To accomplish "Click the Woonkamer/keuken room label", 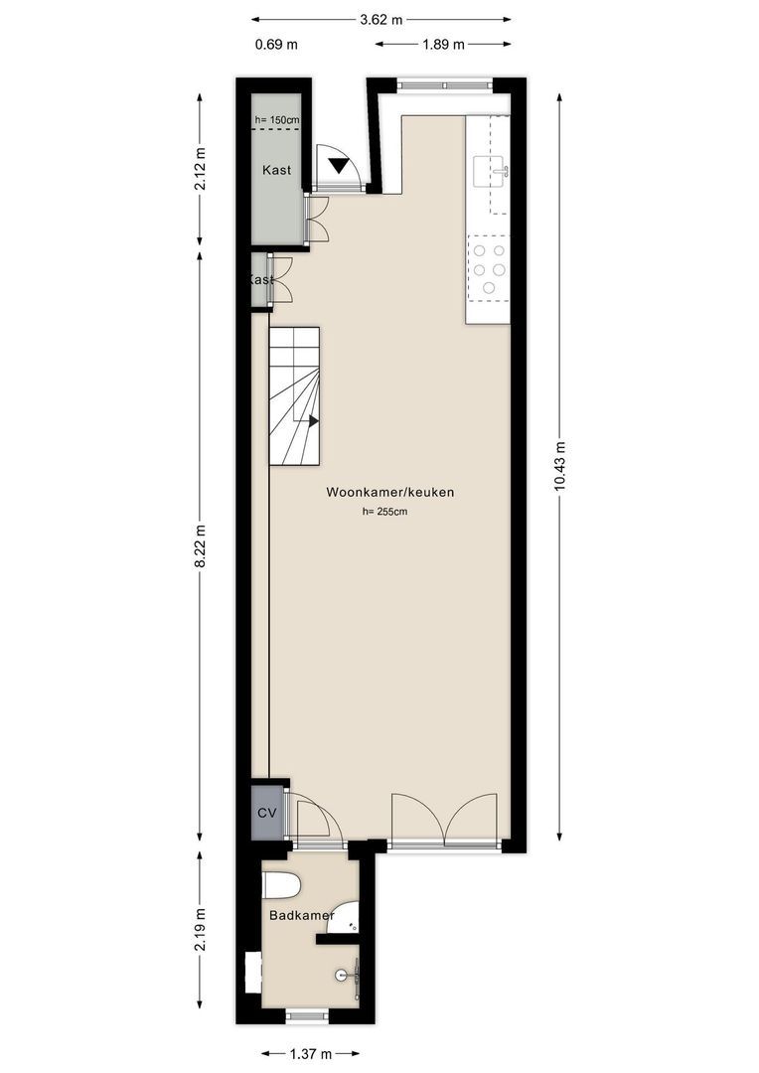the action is click(x=390, y=492).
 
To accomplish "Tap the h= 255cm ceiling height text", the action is click(x=384, y=512).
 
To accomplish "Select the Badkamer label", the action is click(x=302, y=916).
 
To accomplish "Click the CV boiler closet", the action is click(x=267, y=813).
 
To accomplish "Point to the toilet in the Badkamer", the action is click(x=281, y=887).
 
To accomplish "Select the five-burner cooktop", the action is click(x=489, y=269).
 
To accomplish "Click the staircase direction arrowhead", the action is click(x=314, y=421).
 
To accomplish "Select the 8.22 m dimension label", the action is click(x=200, y=545).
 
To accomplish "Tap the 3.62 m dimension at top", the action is click(x=381, y=20).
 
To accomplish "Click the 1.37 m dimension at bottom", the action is click(x=311, y=1054).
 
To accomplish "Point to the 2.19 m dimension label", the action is click(x=200, y=929).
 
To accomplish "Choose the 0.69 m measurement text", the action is click(x=276, y=45).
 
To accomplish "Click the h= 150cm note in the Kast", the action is click(x=277, y=120).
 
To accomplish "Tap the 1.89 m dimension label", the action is click(x=443, y=45).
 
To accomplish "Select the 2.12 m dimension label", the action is click(x=200, y=169).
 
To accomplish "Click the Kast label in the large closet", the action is click(x=276, y=170).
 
